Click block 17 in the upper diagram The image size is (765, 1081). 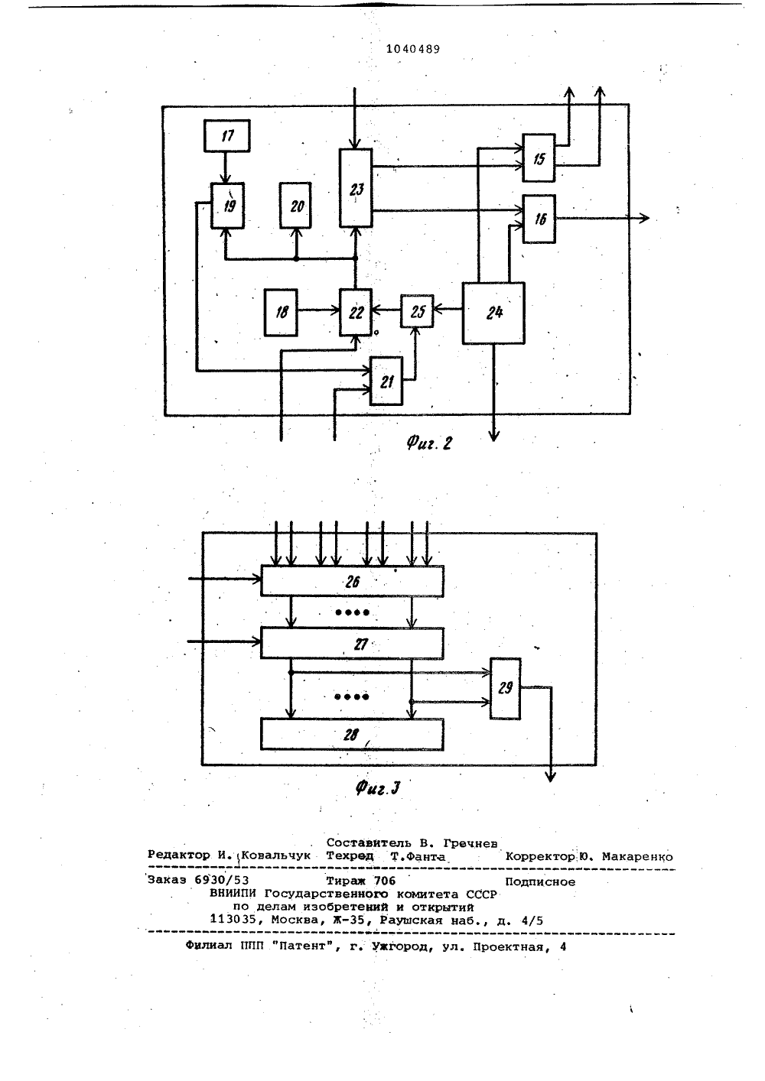pyautogui.click(x=227, y=135)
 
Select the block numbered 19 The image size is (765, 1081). pyautogui.click(x=227, y=206)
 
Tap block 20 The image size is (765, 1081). pyautogui.click(x=295, y=206)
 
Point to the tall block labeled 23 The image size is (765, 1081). pyautogui.click(x=356, y=188)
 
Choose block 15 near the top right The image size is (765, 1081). pyautogui.click(x=539, y=157)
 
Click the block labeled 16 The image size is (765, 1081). pyautogui.click(x=539, y=219)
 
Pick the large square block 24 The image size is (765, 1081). pyautogui.click(x=493, y=313)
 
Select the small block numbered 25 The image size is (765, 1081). pyautogui.click(x=417, y=311)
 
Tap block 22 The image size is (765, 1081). pyautogui.click(x=356, y=312)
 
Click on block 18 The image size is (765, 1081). pyautogui.click(x=281, y=312)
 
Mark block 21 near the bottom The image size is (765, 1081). pyautogui.click(x=386, y=381)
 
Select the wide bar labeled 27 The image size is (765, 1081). pyautogui.click(x=352, y=643)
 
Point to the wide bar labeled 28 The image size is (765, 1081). pyautogui.click(x=352, y=735)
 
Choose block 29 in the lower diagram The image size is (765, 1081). pyautogui.click(x=505, y=689)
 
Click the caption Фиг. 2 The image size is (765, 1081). pyautogui.click(x=429, y=443)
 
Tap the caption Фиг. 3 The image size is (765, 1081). pyautogui.click(x=378, y=788)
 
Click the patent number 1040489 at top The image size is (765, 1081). pyautogui.click(x=413, y=49)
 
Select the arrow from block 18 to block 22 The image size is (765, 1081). pyautogui.click(x=319, y=310)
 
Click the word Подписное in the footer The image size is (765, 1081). pyautogui.click(x=540, y=882)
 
